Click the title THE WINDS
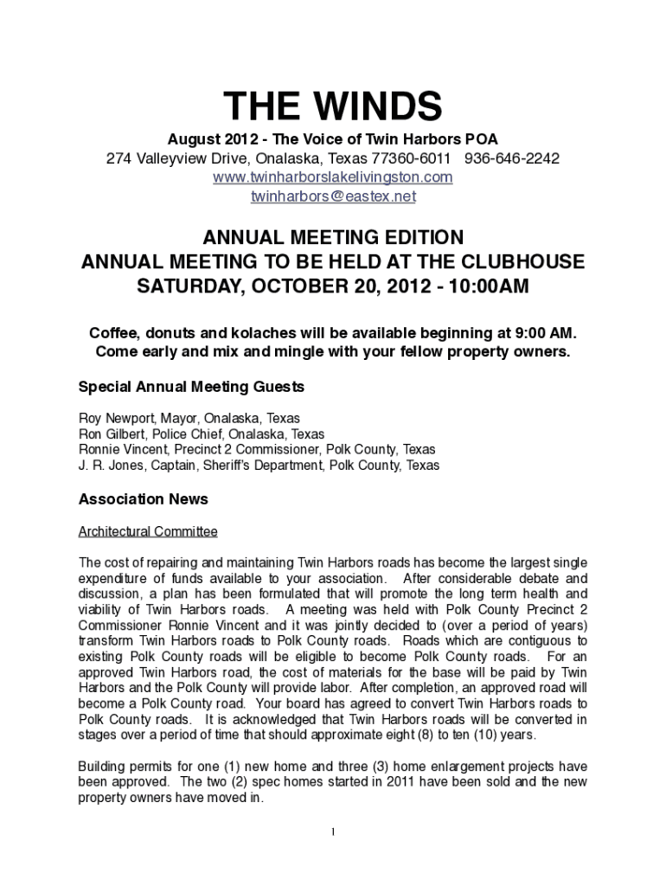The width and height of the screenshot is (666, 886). pos(333,108)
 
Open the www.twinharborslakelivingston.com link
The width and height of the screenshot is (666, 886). pos(333,177)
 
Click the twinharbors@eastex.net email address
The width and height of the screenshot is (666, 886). pos(333,196)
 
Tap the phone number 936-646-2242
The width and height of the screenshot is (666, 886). pos(512,159)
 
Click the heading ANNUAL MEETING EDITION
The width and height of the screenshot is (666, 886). pos(333,237)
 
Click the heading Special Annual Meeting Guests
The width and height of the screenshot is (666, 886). pos(191,386)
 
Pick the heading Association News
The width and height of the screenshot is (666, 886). pos(143,499)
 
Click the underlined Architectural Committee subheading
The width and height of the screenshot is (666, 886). pos(148,531)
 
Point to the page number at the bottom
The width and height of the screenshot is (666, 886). pos(333,832)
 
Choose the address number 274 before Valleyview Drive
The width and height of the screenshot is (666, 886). pos(118,159)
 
